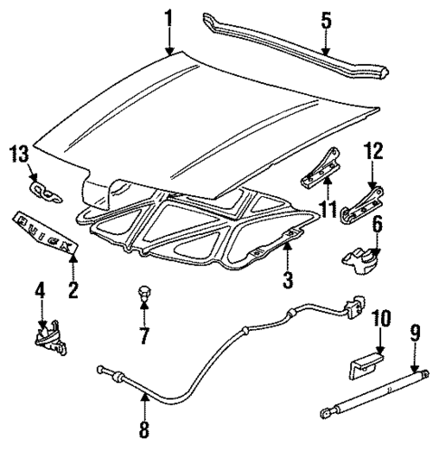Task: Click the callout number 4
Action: tap(40, 293)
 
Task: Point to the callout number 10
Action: tap(379, 318)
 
